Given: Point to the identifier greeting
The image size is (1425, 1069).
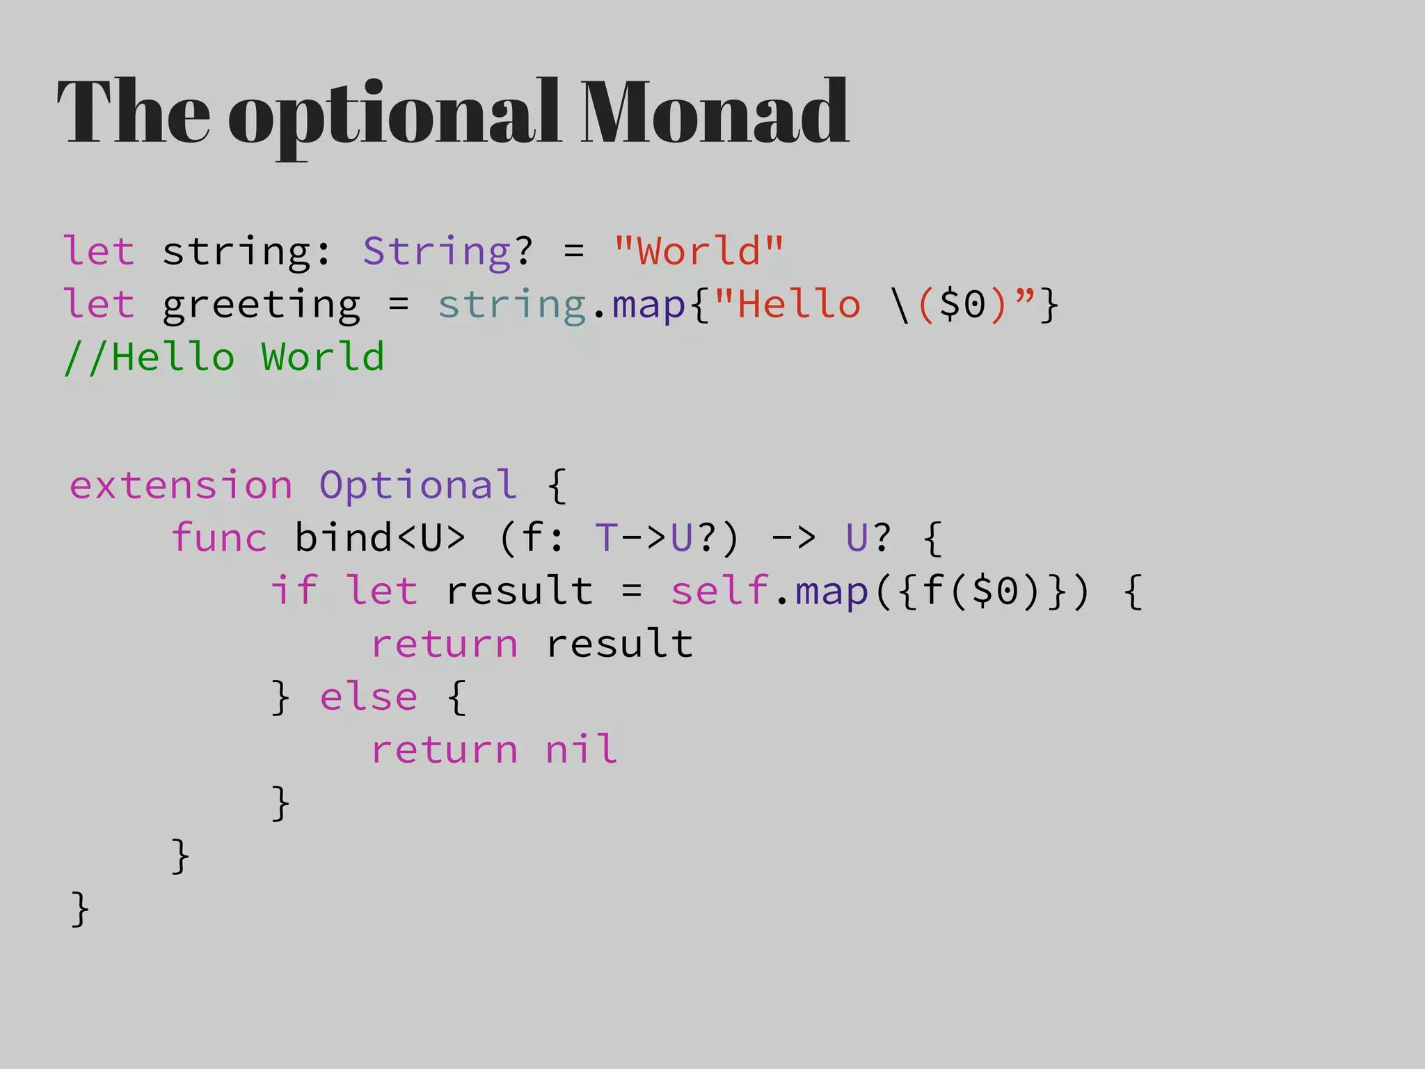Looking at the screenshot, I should (261, 305).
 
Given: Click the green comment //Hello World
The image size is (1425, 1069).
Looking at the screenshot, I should (223, 358).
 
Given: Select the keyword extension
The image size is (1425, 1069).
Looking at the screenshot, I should (181, 485).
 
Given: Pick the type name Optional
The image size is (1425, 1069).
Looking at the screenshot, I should (418, 485).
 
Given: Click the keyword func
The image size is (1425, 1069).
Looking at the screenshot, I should (219, 538).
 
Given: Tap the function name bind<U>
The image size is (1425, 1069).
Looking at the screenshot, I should (379, 538).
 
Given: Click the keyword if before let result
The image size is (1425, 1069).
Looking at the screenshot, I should (294, 591).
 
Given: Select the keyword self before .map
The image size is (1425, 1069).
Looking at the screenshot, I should (719, 591).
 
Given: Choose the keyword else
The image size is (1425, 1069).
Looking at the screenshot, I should (369, 697).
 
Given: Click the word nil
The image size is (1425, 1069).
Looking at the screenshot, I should (582, 750).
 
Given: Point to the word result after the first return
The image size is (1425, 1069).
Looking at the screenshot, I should (619, 644).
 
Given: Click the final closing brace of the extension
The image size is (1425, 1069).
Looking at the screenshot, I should (80, 908).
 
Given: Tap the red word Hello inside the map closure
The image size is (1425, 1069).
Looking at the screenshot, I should (798, 305).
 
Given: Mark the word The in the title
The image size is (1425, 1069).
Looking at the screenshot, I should (133, 113).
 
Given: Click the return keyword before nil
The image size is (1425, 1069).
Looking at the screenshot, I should (445, 750).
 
